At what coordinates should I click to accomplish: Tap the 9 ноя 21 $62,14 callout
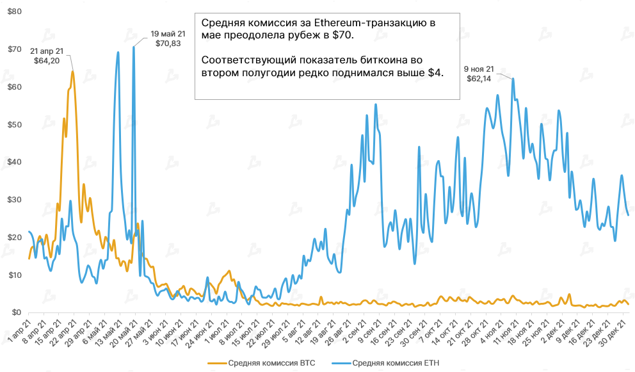(479, 73)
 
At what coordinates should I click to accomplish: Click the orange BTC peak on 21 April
(72, 71)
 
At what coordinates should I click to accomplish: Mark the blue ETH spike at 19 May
(133, 47)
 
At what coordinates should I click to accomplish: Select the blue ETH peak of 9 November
(513, 79)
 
